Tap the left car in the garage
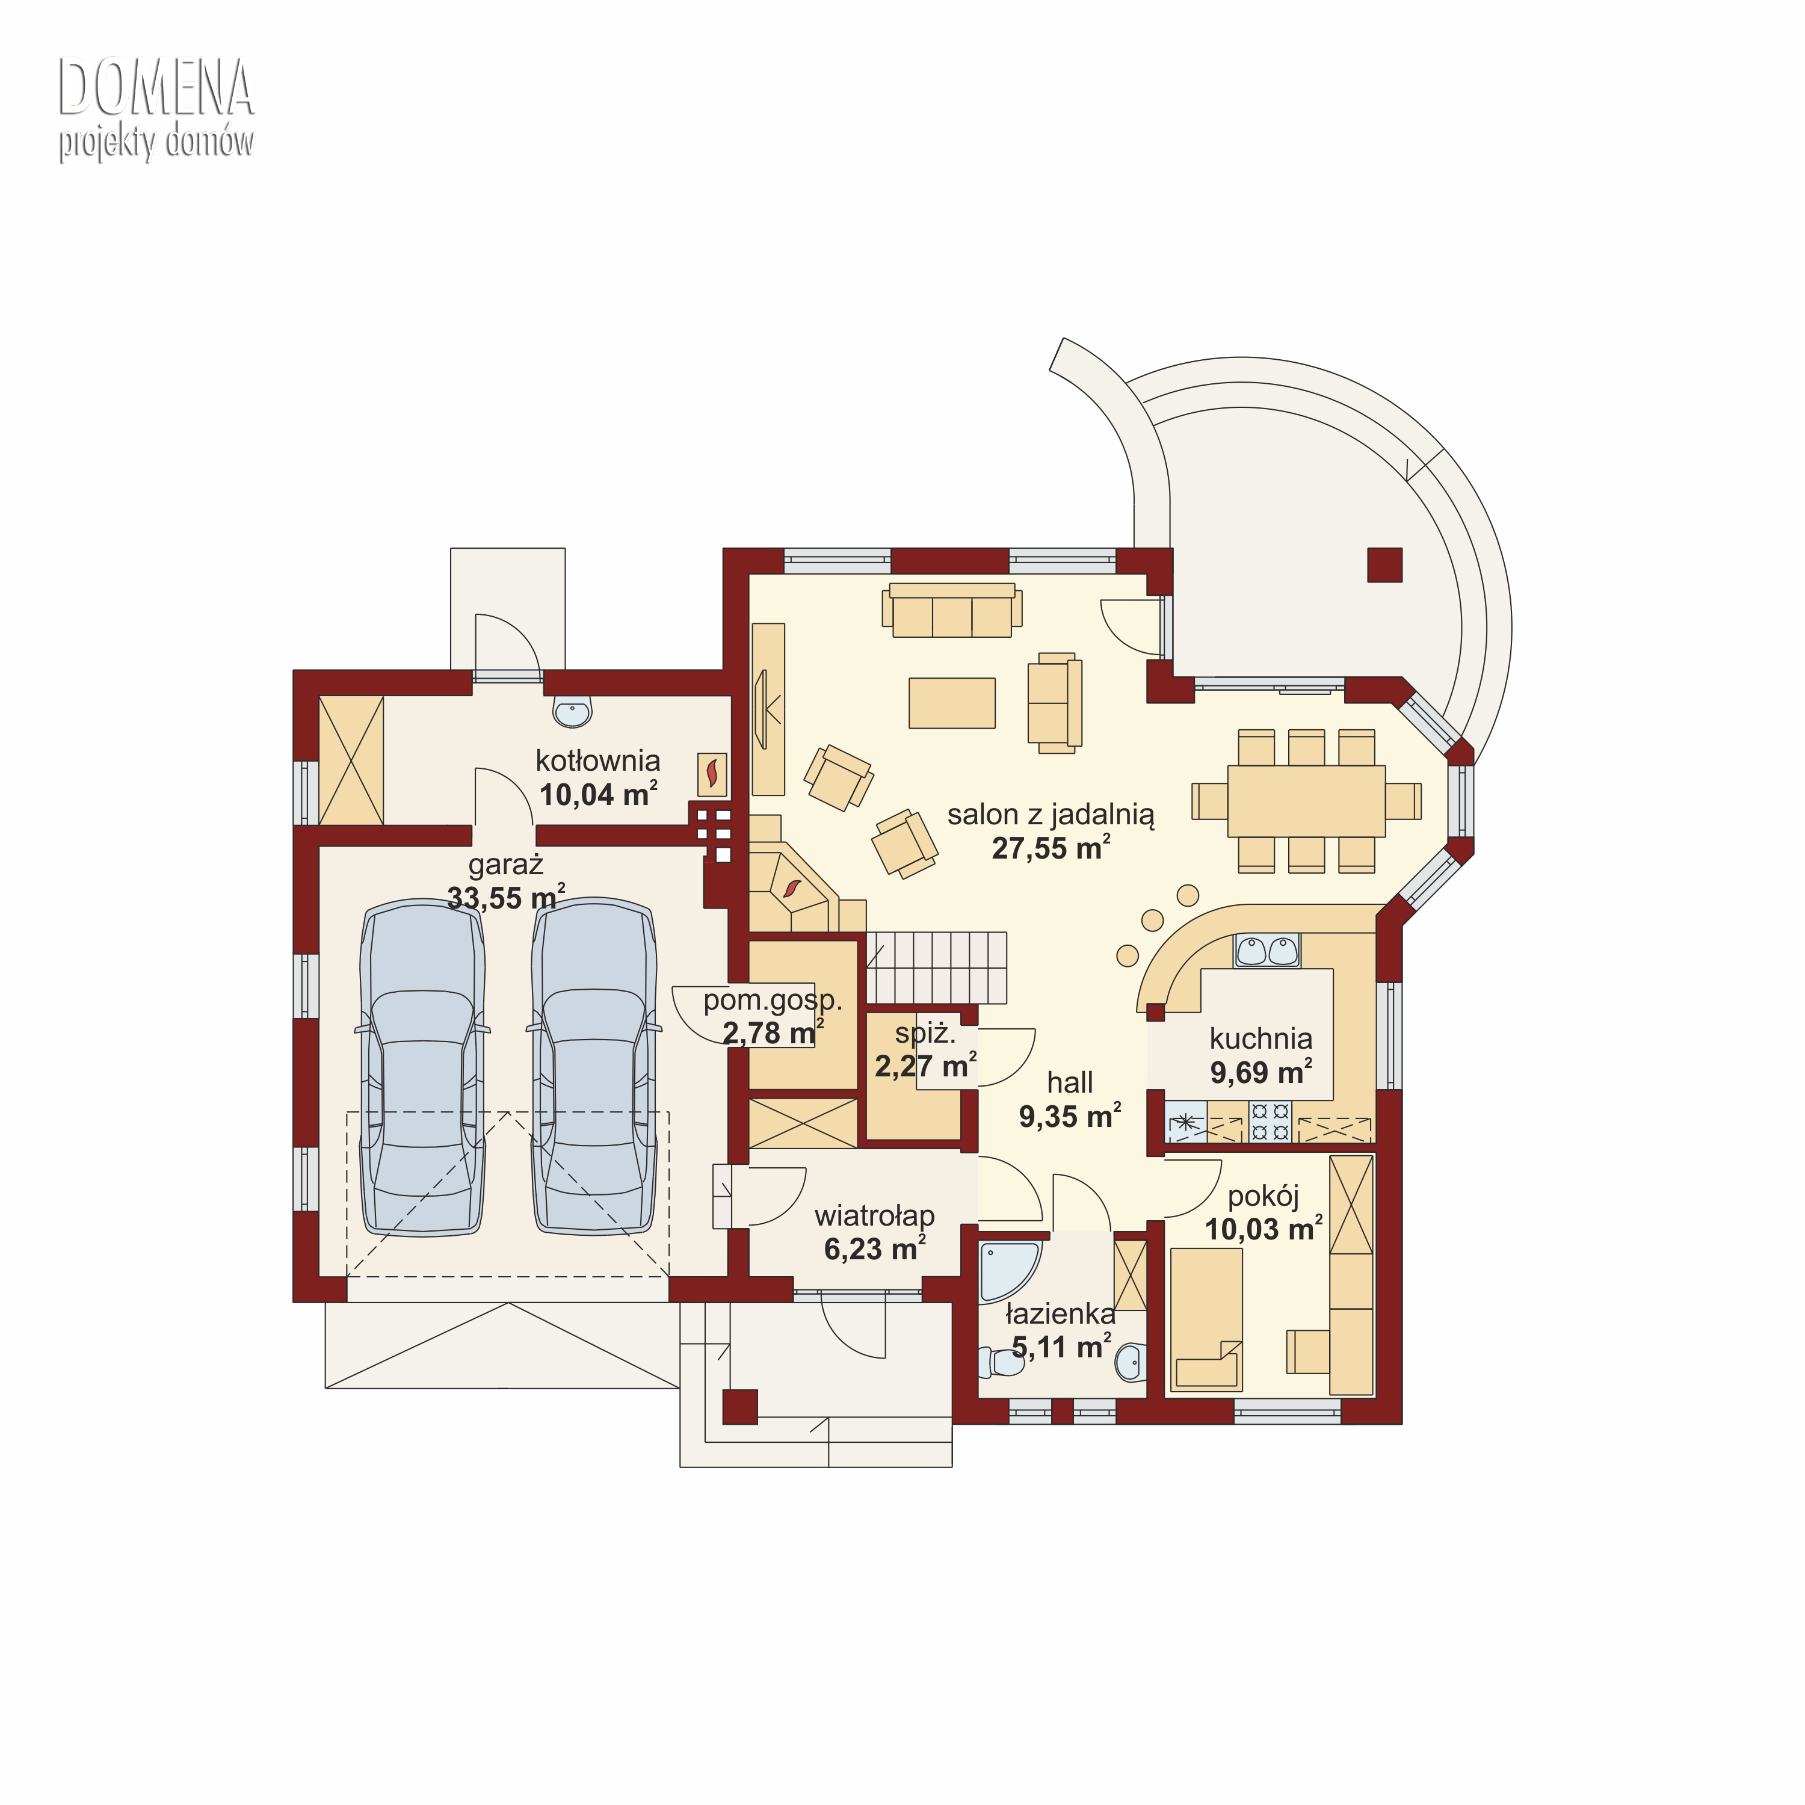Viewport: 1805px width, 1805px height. [x=422, y=1068]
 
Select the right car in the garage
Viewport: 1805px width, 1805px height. [x=594, y=1068]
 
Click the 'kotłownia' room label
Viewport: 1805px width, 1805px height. [x=598, y=761]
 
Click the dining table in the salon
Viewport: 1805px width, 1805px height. [x=1306, y=801]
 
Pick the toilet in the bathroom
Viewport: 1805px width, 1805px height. [x=999, y=1362]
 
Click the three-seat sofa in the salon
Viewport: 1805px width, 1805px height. [x=952, y=610]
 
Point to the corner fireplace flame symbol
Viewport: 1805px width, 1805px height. [x=792, y=887]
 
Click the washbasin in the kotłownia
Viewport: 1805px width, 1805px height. [x=572, y=712]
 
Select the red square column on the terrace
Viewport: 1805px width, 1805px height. [x=1384, y=564]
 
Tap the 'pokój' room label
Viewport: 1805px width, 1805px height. [x=1263, y=1197]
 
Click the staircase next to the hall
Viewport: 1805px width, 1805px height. [x=936, y=967]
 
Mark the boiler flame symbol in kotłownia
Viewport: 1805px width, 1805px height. [x=712, y=774]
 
